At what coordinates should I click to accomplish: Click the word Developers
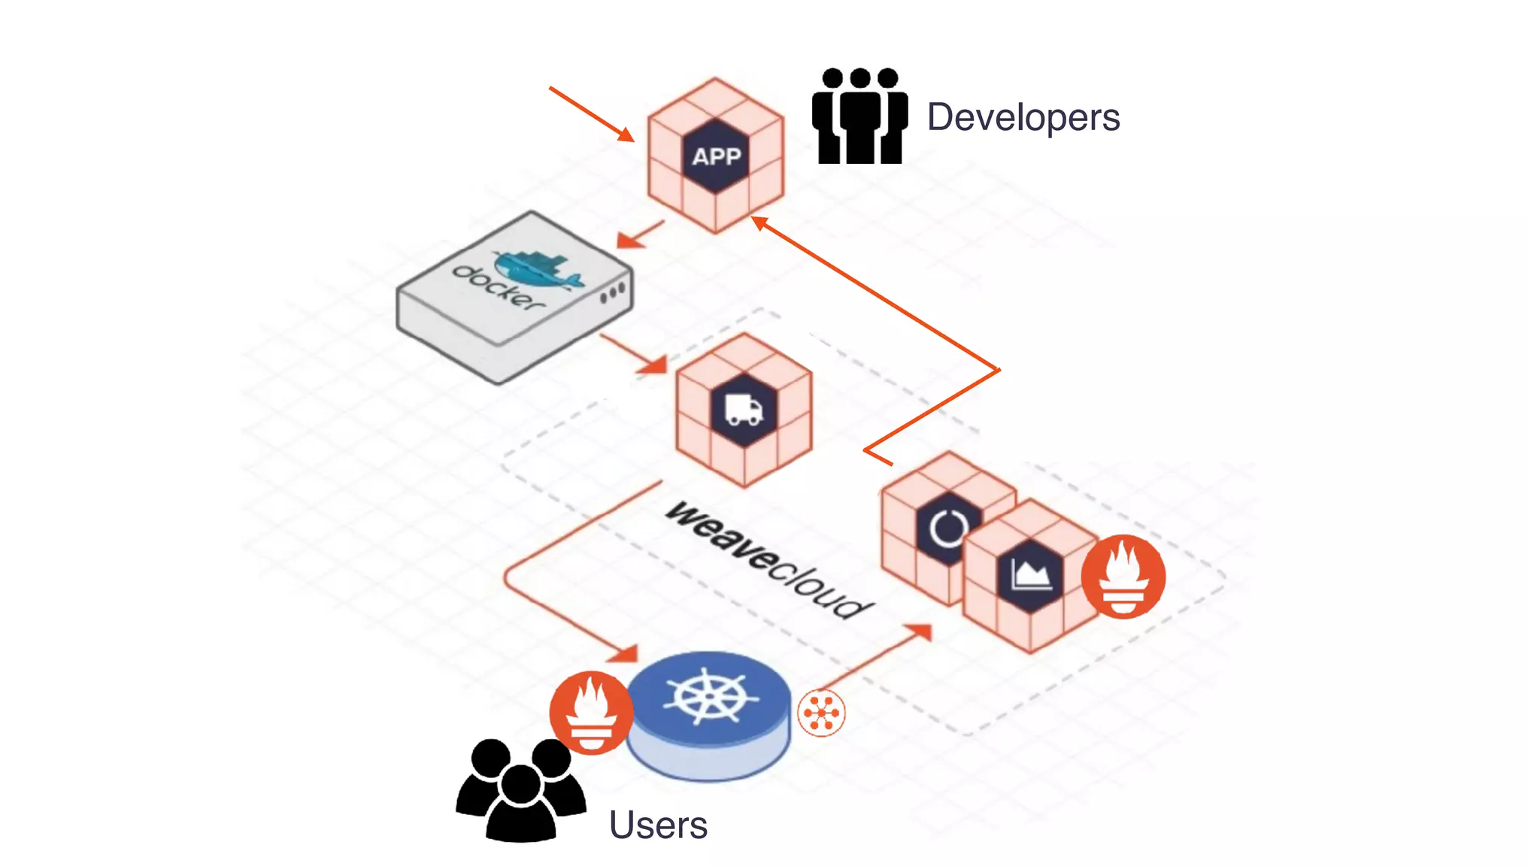pyautogui.click(x=1023, y=118)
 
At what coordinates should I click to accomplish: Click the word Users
pyautogui.click(x=658, y=825)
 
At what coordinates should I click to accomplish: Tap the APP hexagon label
pyautogui.click(x=716, y=156)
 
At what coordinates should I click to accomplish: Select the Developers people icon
pyautogui.click(x=859, y=117)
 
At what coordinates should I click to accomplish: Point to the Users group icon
pyautogui.click(x=520, y=789)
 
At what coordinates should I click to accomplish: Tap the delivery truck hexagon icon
pyautogui.click(x=744, y=410)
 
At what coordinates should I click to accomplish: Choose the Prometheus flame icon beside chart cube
pyautogui.click(x=1123, y=577)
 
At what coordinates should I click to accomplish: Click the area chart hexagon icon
pyautogui.click(x=1030, y=575)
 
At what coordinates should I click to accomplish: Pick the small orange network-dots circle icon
pyautogui.click(x=821, y=713)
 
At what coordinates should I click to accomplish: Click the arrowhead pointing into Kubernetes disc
pyautogui.click(x=624, y=654)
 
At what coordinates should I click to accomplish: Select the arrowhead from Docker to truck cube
pyautogui.click(x=654, y=365)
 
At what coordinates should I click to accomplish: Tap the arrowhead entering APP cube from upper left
pyautogui.click(x=626, y=135)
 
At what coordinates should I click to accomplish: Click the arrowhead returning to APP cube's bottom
pyautogui.click(x=759, y=222)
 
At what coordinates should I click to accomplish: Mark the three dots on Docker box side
pyautogui.click(x=612, y=293)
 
